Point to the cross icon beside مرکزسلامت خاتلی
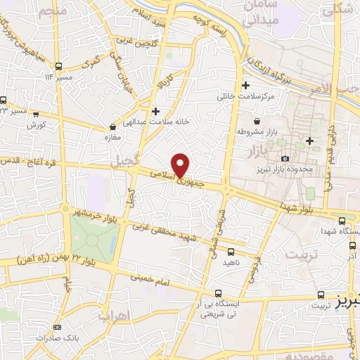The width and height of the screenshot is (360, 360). (x=245, y=86)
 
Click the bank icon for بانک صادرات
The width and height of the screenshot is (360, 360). (x=57, y=327)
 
